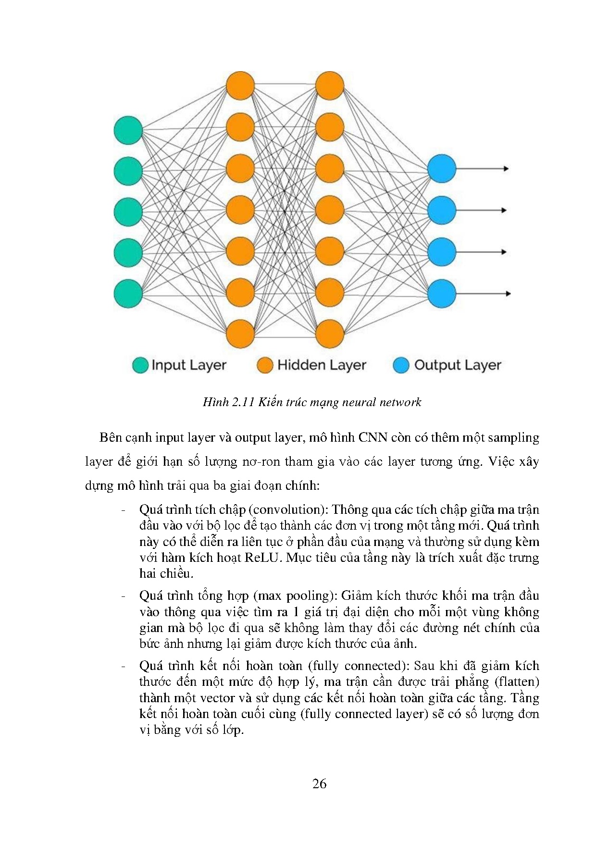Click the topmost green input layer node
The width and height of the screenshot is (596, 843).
pos(128,130)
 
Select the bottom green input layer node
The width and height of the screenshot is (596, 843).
pos(128,293)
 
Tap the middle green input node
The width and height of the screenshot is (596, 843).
pos(128,211)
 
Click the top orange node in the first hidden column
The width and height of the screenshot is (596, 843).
pos(240,86)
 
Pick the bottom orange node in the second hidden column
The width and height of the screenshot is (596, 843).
pos(330,334)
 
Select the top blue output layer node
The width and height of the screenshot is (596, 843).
pos(441,169)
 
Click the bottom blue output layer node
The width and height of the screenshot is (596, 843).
pos(441,294)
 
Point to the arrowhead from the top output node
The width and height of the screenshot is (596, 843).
pos(506,169)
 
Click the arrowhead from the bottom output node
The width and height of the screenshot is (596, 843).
pos(508,294)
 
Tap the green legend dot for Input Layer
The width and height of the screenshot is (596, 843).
pos(140,365)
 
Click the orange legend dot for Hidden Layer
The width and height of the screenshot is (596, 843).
pos(265,365)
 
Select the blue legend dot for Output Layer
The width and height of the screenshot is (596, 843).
pos(401,365)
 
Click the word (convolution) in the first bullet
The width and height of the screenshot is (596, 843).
pos(287,509)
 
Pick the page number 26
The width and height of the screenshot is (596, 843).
pos(319,784)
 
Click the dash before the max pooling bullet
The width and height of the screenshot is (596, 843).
pos(124,596)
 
